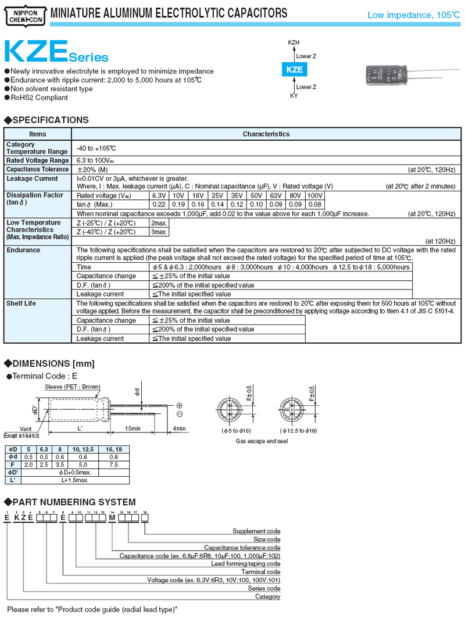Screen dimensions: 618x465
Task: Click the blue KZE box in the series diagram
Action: (x=295, y=69)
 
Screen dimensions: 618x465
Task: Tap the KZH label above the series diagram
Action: (x=294, y=42)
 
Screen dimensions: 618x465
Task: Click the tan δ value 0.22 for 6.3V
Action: (x=158, y=205)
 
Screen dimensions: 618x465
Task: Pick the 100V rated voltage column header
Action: (x=314, y=195)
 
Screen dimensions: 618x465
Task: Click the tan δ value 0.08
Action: (x=314, y=205)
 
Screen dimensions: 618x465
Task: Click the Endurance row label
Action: (x=23, y=250)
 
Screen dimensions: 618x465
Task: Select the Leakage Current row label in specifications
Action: (x=32, y=178)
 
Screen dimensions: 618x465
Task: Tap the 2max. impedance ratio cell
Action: (x=159, y=223)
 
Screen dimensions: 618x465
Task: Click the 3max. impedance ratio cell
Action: (x=159, y=232)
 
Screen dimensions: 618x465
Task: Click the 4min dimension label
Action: (x=179, y=428)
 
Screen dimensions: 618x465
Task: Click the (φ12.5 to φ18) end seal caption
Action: (x=299, y=431)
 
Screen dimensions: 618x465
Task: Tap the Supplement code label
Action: (x=256, y=531)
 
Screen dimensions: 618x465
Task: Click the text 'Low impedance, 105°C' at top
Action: (x=413, y=15)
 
